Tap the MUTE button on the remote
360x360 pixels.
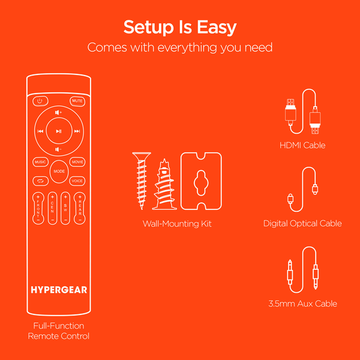(77, 101)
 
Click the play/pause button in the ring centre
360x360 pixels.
(58, 131)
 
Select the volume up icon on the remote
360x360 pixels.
(58, 112)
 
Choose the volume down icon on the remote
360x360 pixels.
(58, 149)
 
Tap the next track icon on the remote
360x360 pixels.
(77, 131)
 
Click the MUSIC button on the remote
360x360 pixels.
(40, 162)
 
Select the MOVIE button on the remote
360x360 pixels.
(77, 162)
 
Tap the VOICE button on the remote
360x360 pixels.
(77, 181)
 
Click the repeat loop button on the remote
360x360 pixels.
(40, 181)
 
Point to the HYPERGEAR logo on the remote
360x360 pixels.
(59, 290)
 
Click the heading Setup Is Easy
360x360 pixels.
(180, 27)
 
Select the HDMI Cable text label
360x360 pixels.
(302, 145)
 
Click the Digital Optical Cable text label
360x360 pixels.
(302, 223)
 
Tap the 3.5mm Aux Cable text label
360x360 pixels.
(302, 304)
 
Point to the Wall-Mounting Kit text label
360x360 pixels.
(177, 224)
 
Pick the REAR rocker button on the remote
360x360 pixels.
(79, 208)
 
